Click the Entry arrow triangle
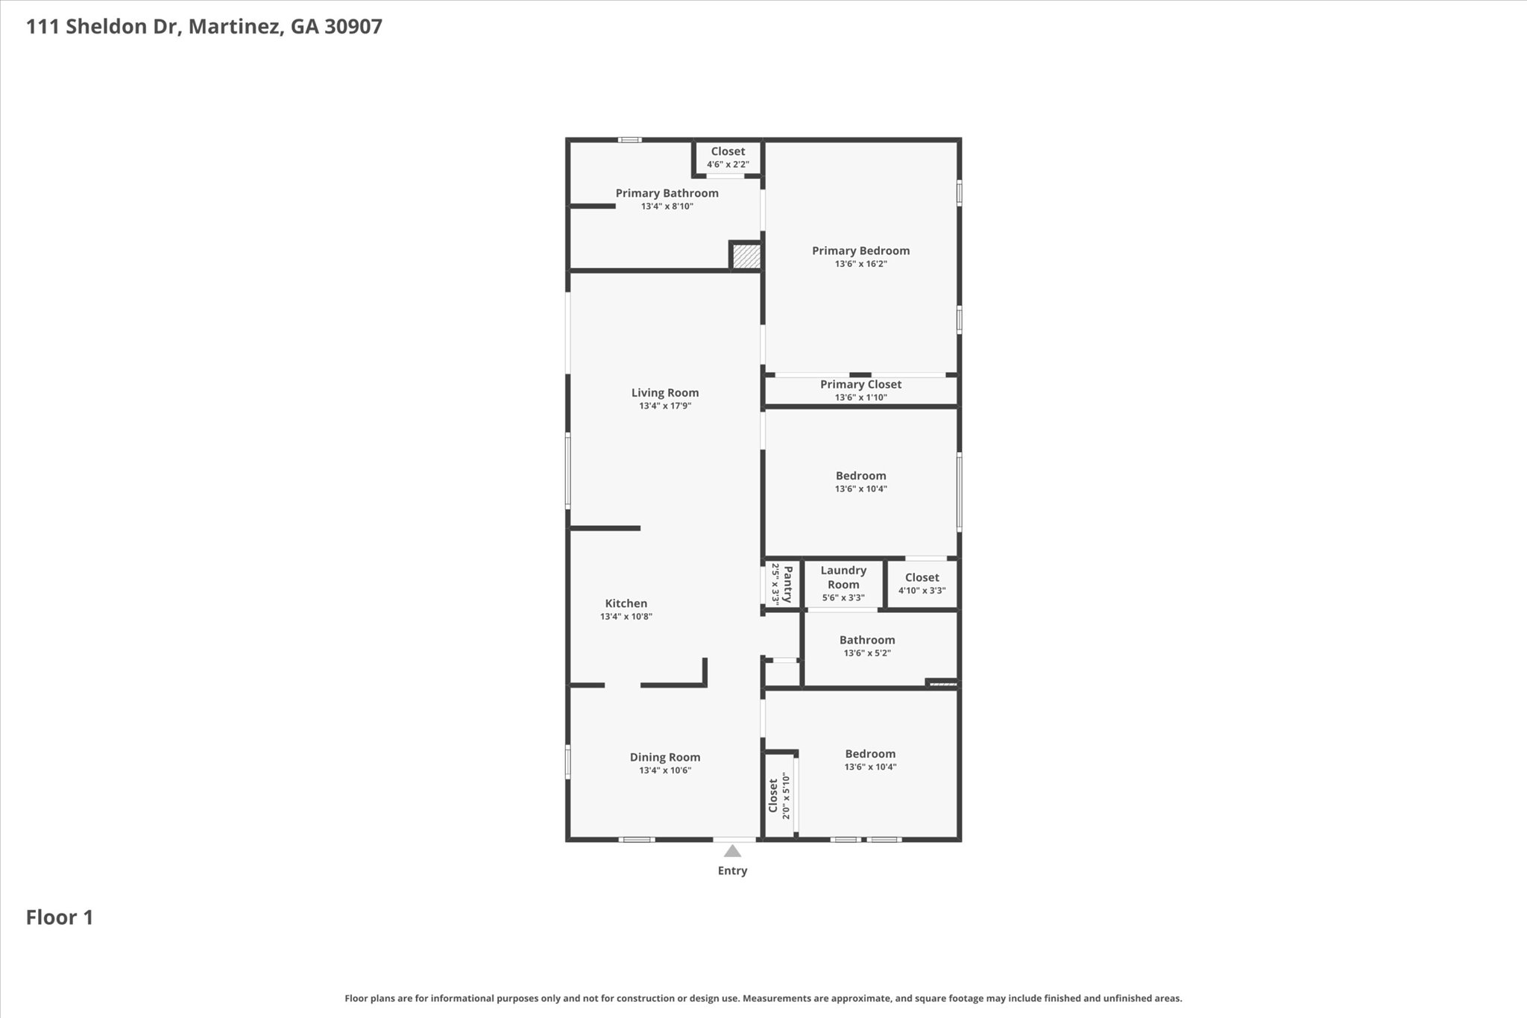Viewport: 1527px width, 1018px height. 732,851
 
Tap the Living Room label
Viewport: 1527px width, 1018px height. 665,393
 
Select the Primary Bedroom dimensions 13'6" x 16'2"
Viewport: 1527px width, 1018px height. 860,264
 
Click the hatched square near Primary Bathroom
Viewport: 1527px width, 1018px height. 746,257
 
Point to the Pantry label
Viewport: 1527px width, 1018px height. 787,584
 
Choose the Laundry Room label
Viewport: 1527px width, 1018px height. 843,577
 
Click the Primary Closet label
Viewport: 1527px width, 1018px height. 860,384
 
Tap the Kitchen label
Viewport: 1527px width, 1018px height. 626,603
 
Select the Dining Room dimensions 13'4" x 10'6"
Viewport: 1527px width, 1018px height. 665,770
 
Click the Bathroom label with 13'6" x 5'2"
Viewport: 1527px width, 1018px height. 866,640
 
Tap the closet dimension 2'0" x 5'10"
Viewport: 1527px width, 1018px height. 786,796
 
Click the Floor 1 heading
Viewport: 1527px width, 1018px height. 60,917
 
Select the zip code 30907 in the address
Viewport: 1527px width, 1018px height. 353,27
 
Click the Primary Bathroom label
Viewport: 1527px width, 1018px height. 667,193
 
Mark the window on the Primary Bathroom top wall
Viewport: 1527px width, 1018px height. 630,139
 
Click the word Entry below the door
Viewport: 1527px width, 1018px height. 732,871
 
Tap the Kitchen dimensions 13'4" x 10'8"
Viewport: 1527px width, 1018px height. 626,617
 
